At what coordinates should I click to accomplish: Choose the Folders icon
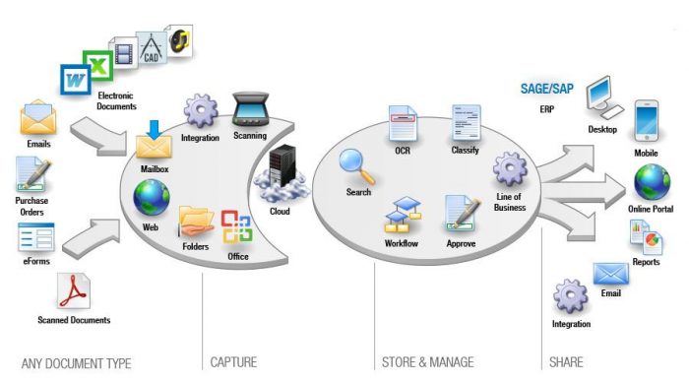pyautogui.click(x=196, y=222)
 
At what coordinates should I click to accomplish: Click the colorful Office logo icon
pyautogui.click(x=237, y=227)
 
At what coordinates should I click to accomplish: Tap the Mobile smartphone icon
pyautogui.click(x=646, y=118)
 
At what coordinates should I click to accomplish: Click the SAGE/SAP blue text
pyautogui.click(x=547, y=90)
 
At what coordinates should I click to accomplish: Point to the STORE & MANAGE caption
pyautogui.click(x=427, y=363)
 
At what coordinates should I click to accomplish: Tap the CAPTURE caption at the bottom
pyautogui.click(x=233, y=363)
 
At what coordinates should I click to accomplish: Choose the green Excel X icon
pyautogui.click(x=98, y=68)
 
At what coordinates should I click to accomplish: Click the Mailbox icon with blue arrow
pyautogui.click(x=155, y=141)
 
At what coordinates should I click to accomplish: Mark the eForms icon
pyautogui.click(x=37, y=238)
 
